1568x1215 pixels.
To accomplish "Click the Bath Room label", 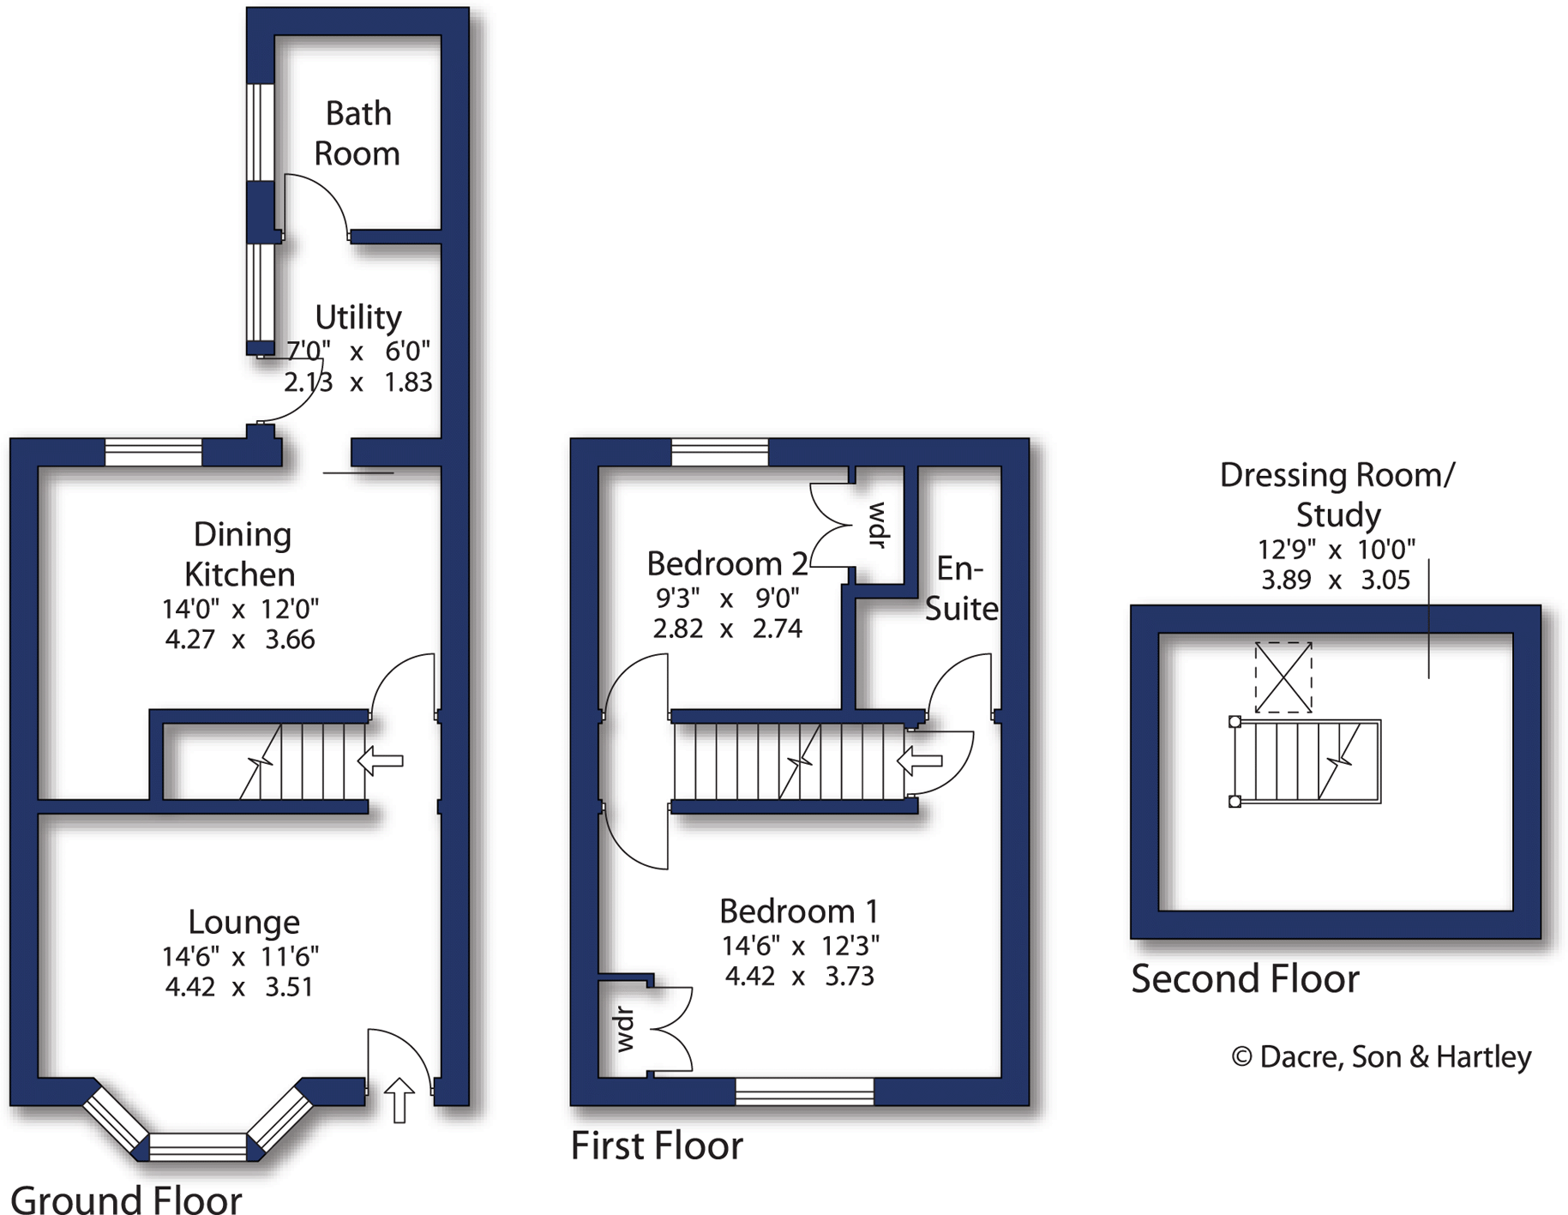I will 357,134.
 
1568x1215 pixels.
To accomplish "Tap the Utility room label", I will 358,317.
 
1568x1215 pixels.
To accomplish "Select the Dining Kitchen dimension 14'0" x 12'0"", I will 240,609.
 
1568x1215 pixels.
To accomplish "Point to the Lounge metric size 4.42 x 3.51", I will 239,987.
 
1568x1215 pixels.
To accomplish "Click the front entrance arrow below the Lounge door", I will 399,1100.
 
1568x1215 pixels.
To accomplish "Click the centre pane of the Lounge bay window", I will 198,1146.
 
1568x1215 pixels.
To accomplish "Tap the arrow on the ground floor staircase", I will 381,761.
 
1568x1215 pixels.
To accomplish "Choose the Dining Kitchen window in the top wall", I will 153,452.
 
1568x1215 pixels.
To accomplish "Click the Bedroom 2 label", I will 727,563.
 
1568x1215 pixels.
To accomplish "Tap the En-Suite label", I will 961,588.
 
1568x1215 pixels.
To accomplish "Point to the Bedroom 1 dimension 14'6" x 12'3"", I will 800,946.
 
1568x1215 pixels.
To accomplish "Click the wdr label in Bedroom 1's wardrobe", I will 625,1029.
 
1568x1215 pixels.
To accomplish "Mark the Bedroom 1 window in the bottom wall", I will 804,1091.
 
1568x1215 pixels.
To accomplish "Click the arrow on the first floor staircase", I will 920,761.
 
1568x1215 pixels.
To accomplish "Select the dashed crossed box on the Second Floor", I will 1283,677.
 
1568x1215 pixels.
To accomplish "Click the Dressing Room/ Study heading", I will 1337,495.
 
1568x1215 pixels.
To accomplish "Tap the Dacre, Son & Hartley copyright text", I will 1381,1056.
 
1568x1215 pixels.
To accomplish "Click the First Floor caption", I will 657,1146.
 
